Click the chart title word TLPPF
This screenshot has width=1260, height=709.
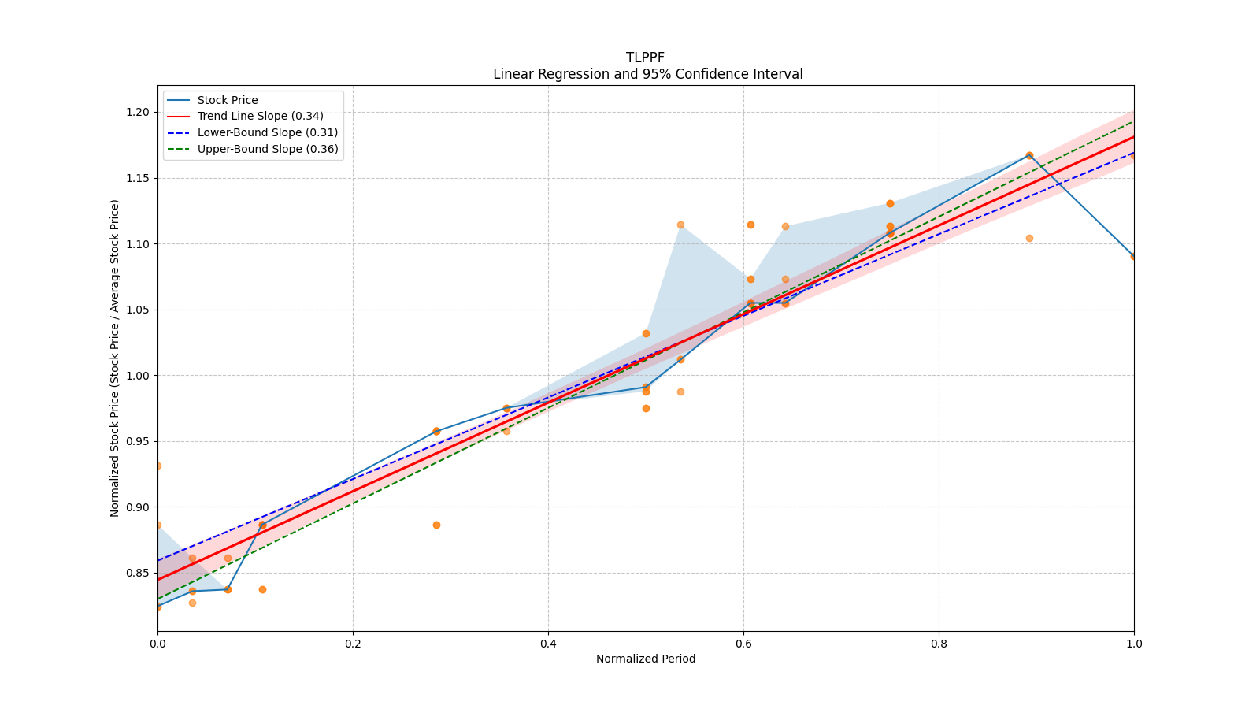645,58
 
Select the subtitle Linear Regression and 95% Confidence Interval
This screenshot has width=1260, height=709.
647,74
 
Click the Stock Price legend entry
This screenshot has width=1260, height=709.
227,100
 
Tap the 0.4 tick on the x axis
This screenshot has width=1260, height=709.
548,644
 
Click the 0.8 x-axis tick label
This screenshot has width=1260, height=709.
939,644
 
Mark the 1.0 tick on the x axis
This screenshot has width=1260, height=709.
1134,644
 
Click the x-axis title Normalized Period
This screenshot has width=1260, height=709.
646,659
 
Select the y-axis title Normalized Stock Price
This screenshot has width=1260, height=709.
115,358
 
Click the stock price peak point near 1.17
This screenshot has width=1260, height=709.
1029,155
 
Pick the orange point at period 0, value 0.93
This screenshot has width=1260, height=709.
157,466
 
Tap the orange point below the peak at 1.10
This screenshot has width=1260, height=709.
1029,238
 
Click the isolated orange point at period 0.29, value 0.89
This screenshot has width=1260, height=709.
436,525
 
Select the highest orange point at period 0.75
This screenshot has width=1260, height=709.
890,203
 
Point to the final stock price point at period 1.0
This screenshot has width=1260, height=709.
1133,256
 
